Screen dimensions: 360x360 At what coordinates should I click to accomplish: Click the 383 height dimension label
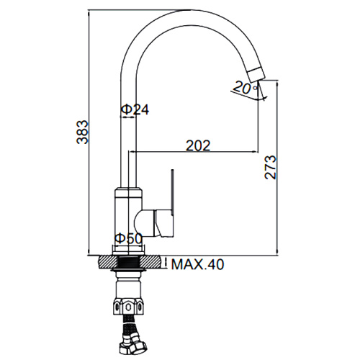click(82, 132)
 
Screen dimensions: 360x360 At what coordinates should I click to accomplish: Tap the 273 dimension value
click(271, 167)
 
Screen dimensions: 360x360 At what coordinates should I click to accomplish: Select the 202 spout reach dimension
click(198, 145)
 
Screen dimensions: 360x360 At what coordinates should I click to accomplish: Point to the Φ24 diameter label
click(135, 109)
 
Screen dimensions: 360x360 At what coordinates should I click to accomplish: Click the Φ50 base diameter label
click(128, 238)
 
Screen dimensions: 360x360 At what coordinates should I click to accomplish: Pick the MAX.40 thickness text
click(197, 264)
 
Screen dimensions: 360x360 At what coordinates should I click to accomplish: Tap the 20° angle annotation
click(245, 88)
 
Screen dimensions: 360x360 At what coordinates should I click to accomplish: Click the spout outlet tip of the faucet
click(257, 74)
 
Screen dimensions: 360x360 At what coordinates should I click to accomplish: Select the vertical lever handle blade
click(172, 192)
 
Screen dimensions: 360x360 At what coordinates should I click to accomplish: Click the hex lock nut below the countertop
click(128, 307)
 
